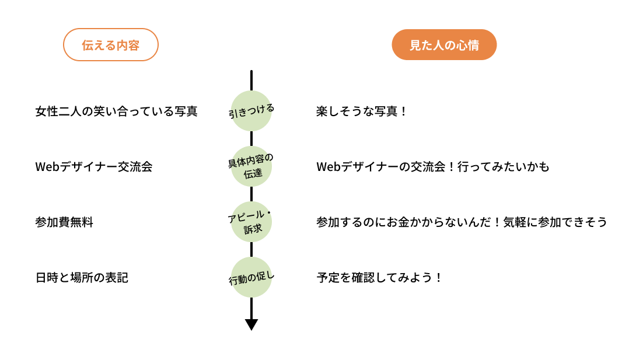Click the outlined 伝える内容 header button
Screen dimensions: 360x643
click(x=111, y=45)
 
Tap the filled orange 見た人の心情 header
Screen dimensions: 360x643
click(x=444, y=45)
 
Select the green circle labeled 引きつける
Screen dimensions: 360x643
click(x=251, y=111)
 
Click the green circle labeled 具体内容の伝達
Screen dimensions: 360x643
click(x=251, y=166)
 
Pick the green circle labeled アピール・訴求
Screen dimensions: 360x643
click(x=251, y=222)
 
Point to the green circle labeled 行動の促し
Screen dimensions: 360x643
click(x=251, y=277)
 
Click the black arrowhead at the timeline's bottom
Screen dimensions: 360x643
click(x=251, y=324)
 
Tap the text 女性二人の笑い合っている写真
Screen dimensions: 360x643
click(x=117, y=111)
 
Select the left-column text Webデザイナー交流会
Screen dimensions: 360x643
click(x=94, y=167)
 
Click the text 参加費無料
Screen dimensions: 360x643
click(x=64, y=222)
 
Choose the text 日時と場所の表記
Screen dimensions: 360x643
click(x=82, y=278)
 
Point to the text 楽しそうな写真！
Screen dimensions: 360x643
click(x=361, y=111)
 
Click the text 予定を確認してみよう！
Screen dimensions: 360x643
click(x=379, y=278)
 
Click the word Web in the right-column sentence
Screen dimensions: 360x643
click(x=329, y=167)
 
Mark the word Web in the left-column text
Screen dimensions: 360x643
click(x=48, y=167)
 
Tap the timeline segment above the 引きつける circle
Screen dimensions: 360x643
click(x=251, y=81)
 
